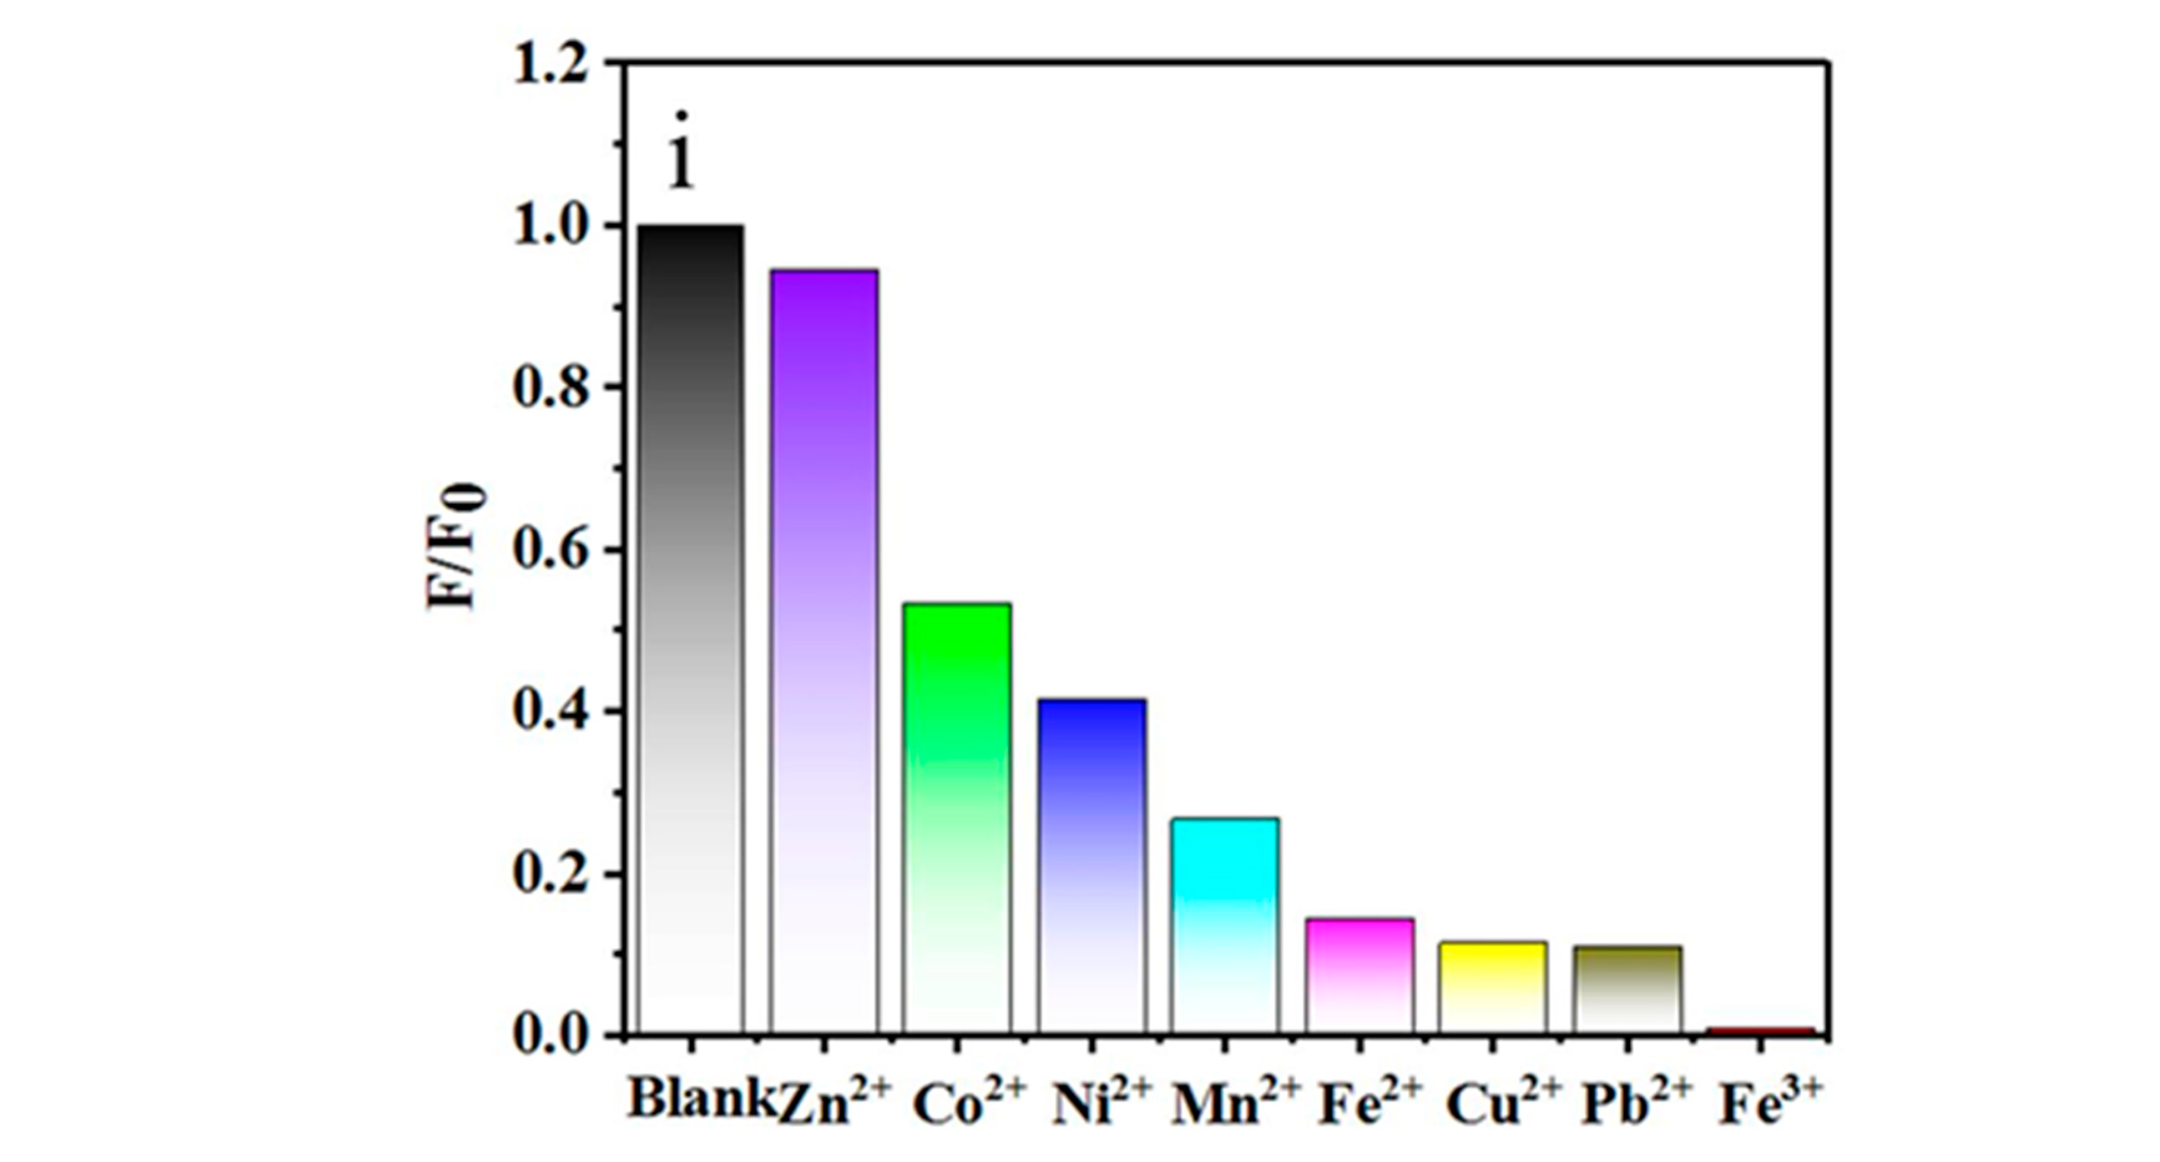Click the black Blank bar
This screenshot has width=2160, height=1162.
690,629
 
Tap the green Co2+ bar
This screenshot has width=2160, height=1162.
957,817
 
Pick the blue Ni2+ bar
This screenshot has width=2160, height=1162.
1091,865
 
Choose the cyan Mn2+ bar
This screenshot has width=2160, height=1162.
1225,924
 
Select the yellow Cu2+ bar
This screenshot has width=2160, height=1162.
1492,987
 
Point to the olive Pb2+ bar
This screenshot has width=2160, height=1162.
1628,989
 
